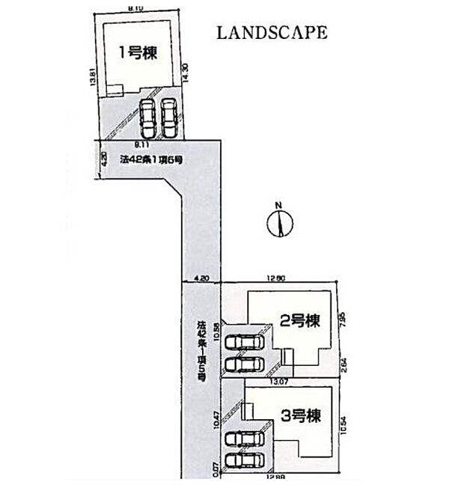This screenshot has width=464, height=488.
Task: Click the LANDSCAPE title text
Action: (272, 33)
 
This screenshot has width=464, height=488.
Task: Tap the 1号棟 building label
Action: (138, 52)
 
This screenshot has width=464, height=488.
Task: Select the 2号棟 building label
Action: (300, 321)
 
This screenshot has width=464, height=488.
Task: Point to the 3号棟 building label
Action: (302, 414)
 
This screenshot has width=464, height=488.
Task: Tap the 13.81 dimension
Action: (91, 79)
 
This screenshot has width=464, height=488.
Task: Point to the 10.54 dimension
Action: (343, 424)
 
